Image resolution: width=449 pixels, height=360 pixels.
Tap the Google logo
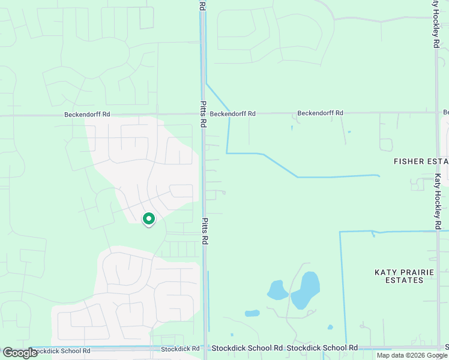click(x=20, y=353)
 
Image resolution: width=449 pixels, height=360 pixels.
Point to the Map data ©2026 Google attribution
click(x=412, y=355)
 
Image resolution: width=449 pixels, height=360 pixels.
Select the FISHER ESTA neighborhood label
click(x=421, y=161)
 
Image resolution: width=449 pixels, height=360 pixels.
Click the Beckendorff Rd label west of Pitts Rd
click(x=88, y=114)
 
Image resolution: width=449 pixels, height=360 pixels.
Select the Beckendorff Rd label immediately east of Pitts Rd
click(x=233, y=113)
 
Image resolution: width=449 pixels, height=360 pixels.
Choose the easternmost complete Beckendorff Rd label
click(x=321, y=113)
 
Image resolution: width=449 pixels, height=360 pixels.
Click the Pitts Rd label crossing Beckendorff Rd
click(x=203, y=114)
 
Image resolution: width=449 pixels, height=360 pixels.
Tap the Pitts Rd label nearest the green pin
click(x=205, y=231)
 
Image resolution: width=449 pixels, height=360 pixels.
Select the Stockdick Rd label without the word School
click(x=180, y=349)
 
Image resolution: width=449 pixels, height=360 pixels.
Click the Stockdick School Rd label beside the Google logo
click(x=61, y=351)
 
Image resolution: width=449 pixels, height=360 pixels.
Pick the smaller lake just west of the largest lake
click(x=277, y=290)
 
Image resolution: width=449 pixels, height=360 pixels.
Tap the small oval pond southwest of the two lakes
click(x=252, y=313)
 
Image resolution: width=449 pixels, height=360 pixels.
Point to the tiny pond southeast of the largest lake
click(x=330, y=327)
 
